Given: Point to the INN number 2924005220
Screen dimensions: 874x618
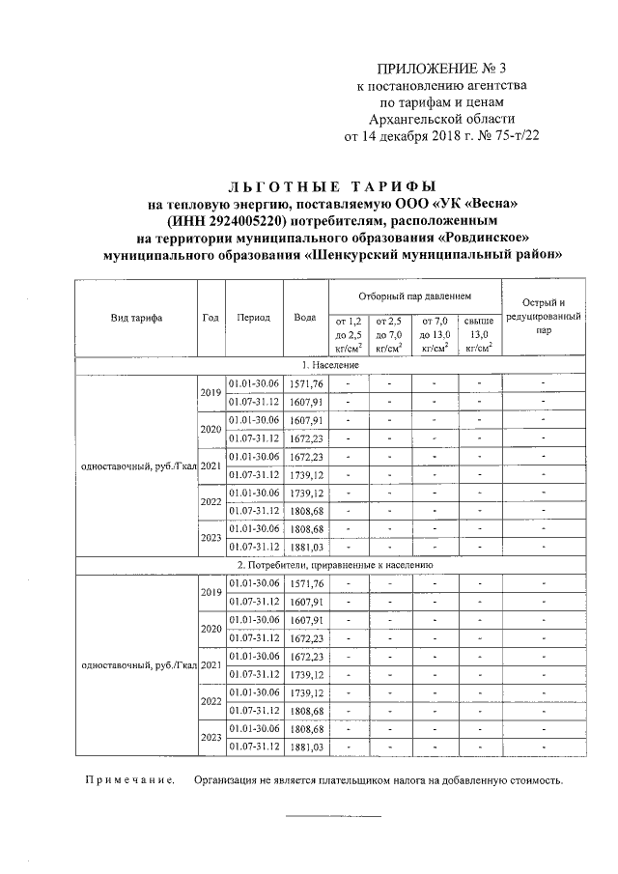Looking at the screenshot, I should pyautogui.click(x=246, y=220).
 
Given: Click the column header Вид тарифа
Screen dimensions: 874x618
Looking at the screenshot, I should pyautogui.click(x=135, y=318).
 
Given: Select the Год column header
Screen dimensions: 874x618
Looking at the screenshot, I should pyautogui.click(x=211, y=318).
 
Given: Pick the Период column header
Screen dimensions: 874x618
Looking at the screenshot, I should pyautogui.click(x=253, y=318).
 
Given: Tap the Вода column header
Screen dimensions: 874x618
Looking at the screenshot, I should pyautogui.click(x=305, y=318).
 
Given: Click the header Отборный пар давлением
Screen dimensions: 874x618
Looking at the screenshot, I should pyautogui.click(x=414, y=294).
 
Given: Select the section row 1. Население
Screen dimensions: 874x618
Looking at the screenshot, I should pyautogui.click(x=330, y=365).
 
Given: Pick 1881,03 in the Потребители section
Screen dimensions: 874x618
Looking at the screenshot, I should pyautogui.click(x=305, y=747).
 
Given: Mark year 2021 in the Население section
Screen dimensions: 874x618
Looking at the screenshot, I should pyautogui.click(x=211, y=465).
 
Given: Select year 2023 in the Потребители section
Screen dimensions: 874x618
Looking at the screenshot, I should pyautogui.click(x=211, y=738).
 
